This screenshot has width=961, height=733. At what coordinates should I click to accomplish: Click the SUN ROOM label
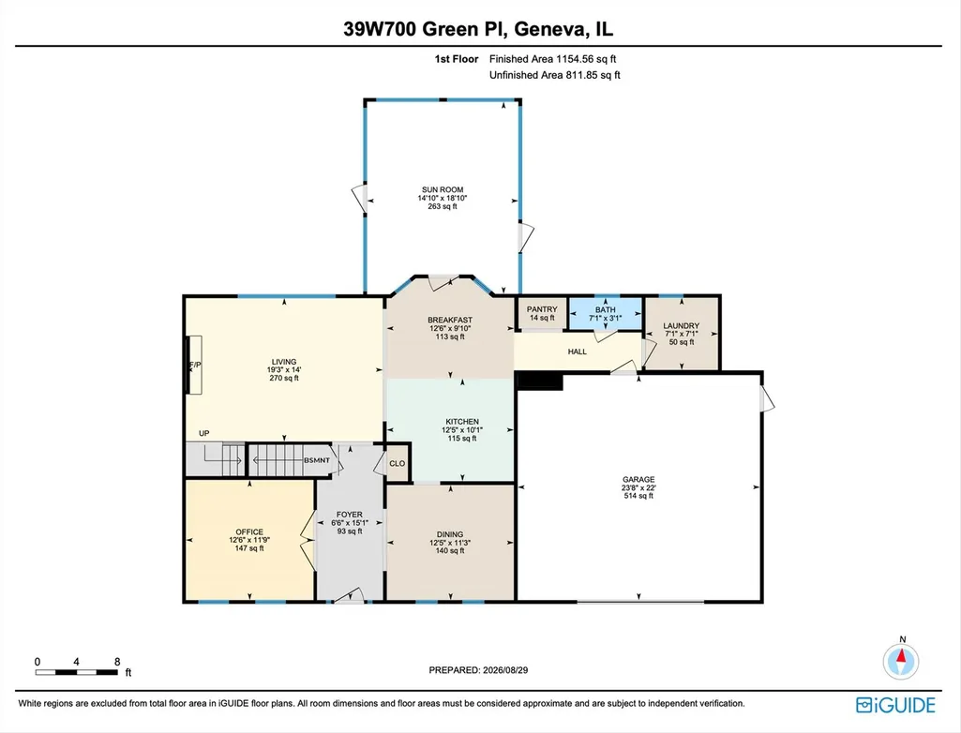442,190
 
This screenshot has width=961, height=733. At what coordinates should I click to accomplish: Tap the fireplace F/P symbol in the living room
194,366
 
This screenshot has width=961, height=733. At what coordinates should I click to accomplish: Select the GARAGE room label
638,479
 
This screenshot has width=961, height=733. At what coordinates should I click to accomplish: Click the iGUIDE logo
895,705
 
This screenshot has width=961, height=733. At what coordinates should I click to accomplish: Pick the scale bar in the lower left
76,672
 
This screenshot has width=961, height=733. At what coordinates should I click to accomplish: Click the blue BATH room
605,314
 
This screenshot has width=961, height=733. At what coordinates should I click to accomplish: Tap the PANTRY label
542,309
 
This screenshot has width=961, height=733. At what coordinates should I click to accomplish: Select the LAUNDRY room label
681,326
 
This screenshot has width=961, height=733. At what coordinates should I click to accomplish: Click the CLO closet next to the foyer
398,463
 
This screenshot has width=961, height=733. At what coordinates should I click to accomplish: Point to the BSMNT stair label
317,460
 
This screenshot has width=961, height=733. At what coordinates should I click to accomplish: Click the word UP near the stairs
204,433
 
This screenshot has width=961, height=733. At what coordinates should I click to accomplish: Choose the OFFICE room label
249,532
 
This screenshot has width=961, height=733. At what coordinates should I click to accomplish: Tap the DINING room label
450,534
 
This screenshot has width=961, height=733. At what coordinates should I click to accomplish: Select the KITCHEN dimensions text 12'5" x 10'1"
462,430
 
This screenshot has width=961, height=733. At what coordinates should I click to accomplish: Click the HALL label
578,352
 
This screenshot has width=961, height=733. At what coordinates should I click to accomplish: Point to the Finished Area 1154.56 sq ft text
552,59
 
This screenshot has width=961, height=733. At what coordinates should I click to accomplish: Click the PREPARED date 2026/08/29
505,670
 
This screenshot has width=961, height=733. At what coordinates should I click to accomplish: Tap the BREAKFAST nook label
450,320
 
